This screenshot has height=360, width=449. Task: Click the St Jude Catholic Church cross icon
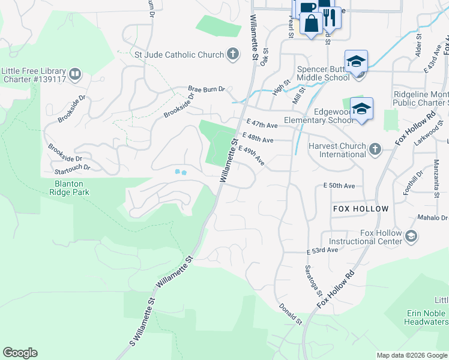point(233,55)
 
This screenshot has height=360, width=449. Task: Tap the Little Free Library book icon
point(75,74)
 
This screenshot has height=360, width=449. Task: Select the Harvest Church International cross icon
point(375,149)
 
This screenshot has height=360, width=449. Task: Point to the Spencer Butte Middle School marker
point(356,62)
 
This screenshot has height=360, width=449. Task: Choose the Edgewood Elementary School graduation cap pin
point(362,109)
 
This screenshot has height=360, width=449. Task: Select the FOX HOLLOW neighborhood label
point(361,209)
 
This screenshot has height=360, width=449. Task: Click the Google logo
point(20,353)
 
